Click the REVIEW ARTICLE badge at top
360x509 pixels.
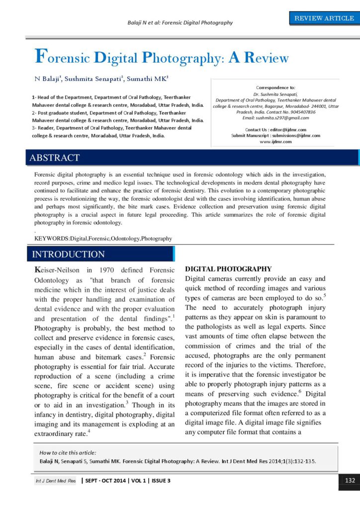(x=324, y=18)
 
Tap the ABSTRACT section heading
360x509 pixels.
(x=55, y=158)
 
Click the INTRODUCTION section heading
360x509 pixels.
(x=68, y=254)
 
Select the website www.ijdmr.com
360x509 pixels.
(x=275, y=142)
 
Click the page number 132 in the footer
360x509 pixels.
(x=349, y=481)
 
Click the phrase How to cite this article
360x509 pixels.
(x=68, y=452)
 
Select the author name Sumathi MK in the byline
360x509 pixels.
(x=149, y=79)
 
